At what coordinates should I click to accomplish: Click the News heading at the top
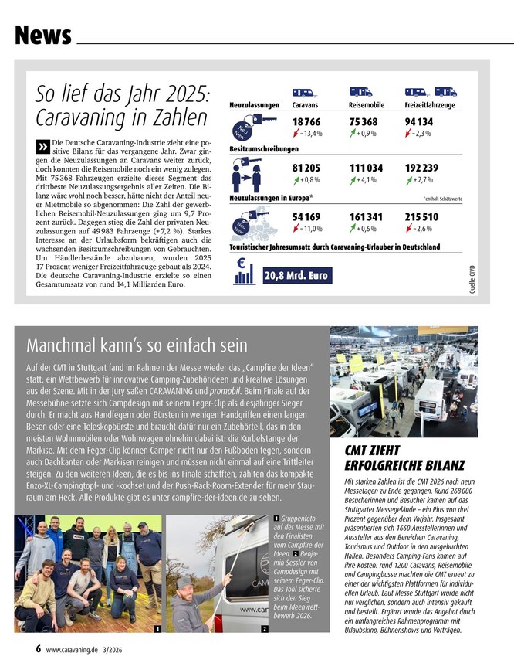[x=43, y=36]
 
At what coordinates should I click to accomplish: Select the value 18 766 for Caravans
[x=307, y=122]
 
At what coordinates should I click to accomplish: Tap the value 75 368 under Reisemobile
[x=364, y=122]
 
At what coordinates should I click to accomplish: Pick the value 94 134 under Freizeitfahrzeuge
[x=419, y=122]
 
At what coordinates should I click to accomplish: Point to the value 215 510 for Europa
[x=421, y=217]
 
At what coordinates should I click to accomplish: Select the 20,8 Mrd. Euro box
[x=296, y=276]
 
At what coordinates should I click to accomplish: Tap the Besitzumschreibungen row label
[x=264, y=148]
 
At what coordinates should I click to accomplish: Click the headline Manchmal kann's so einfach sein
[x=137, y=345]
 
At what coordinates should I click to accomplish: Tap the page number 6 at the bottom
[x=38, y=650]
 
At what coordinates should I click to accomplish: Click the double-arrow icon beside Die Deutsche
[x=42, y=147]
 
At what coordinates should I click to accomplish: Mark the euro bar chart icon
[x=244, y=270]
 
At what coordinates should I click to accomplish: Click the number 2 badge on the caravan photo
[x=265, y=629]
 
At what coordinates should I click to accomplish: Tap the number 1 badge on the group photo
[x=157, y=629]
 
